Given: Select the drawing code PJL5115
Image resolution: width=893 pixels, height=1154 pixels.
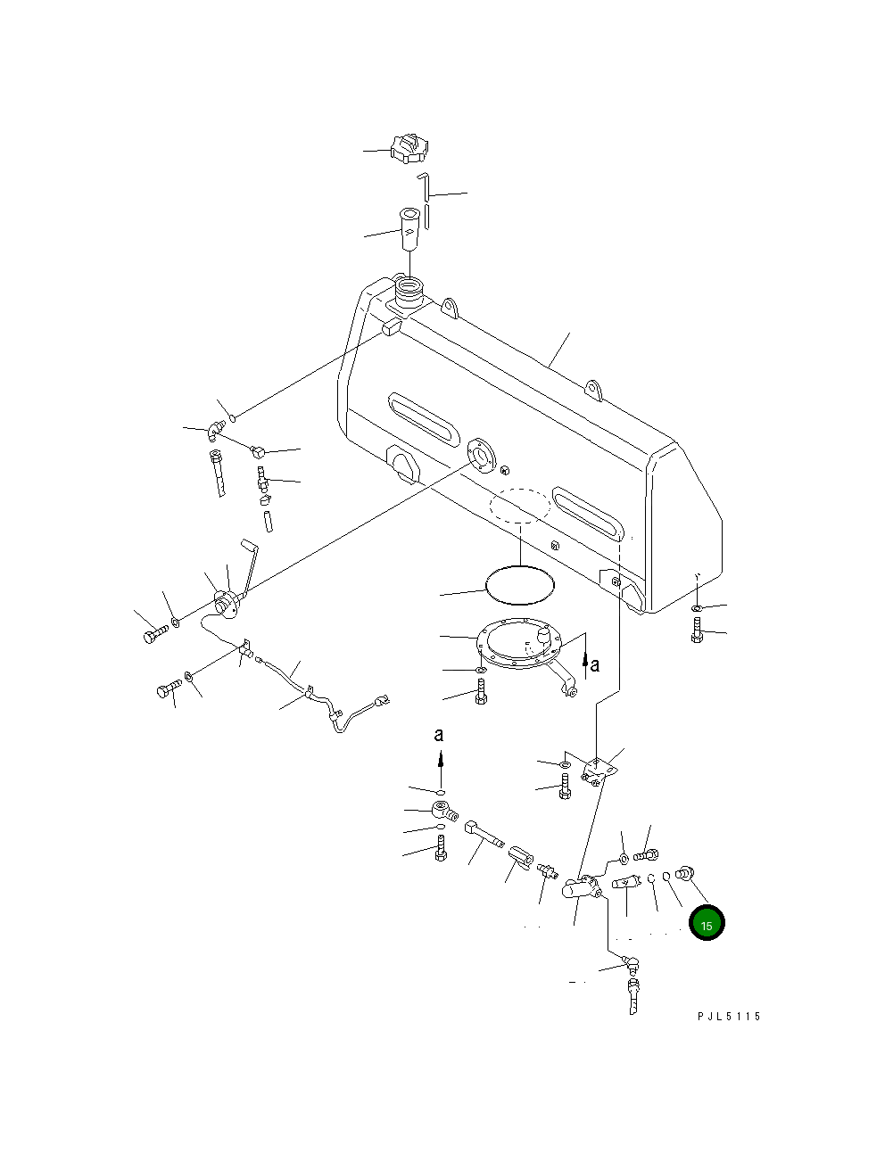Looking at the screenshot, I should point(729,1016).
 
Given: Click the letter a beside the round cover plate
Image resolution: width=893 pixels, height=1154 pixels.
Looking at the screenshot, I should point(595,664).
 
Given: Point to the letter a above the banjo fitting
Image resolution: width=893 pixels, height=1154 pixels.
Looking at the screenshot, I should point(438,735).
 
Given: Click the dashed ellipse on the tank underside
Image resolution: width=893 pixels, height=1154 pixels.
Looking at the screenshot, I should point(519,505).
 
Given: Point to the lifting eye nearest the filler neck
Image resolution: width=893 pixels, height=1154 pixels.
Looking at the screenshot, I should point(450,307).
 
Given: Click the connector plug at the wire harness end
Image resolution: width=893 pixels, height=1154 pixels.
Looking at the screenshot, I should point(383,703).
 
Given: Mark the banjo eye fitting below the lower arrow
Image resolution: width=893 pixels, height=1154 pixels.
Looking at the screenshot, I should point(442,812).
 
